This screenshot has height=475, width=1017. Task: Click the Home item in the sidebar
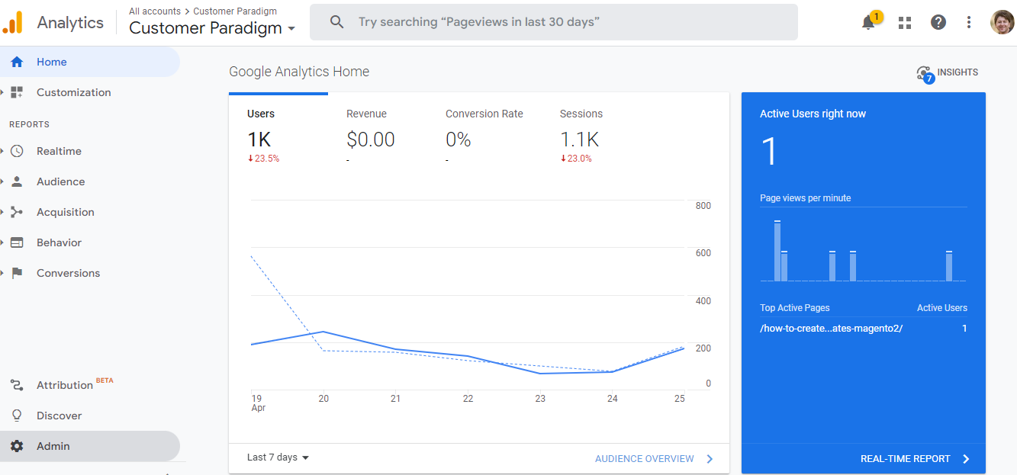(51, 62)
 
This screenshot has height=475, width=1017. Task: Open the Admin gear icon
(17, 446)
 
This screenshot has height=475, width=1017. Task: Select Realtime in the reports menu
(59, 151)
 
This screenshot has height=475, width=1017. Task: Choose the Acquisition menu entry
(65, 212)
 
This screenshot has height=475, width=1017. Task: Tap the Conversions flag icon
(17, 273)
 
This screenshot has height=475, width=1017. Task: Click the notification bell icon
(868, 23)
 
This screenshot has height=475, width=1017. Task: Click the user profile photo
(1002, 22)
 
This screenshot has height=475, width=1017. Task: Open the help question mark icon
(938, 22)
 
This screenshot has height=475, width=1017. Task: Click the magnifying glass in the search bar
(337, 22)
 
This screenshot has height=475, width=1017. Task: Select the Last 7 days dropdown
(278, 457)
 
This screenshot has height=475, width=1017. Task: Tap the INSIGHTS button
(948, 72)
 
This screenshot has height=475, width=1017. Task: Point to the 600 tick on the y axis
(703, 253)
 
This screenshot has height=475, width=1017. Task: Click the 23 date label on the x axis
(540, 399)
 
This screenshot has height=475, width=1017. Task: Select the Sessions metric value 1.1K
(579, 140)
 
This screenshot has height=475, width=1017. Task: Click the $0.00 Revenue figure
(371, 140)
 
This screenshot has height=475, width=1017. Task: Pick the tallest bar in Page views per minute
(777, 252)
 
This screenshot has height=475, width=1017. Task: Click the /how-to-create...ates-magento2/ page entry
(831, 329)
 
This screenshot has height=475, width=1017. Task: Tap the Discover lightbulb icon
(17, 416)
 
